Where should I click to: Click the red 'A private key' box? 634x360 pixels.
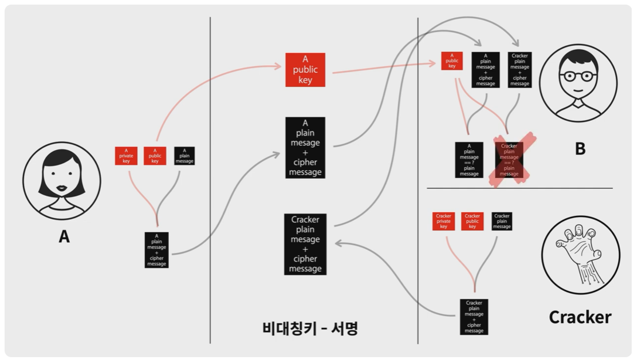[126, 156]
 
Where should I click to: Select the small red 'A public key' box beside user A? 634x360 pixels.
[155, 156]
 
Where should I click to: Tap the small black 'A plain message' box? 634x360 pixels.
[184, 156]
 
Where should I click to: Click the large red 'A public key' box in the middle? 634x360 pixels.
[305, 70]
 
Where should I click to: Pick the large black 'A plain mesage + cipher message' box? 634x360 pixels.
[305, 148]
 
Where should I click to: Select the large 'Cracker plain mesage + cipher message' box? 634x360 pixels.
[305, 244]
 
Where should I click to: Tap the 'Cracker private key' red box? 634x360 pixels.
[444, 221]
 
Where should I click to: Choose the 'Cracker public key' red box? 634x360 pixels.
[472, 221]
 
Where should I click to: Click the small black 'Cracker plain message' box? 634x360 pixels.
[502, 221]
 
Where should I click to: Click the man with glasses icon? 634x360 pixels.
[578, 82]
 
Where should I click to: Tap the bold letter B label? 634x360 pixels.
[580, 149]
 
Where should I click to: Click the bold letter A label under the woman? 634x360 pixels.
[64, 236]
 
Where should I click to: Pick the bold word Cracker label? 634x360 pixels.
[580, 317]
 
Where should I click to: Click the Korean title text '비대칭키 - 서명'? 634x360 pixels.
[310, 328]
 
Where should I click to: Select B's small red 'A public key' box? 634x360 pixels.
[452, 61]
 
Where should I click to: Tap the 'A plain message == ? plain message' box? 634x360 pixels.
[469, 160]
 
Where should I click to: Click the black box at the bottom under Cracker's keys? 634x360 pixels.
[474, 317]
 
